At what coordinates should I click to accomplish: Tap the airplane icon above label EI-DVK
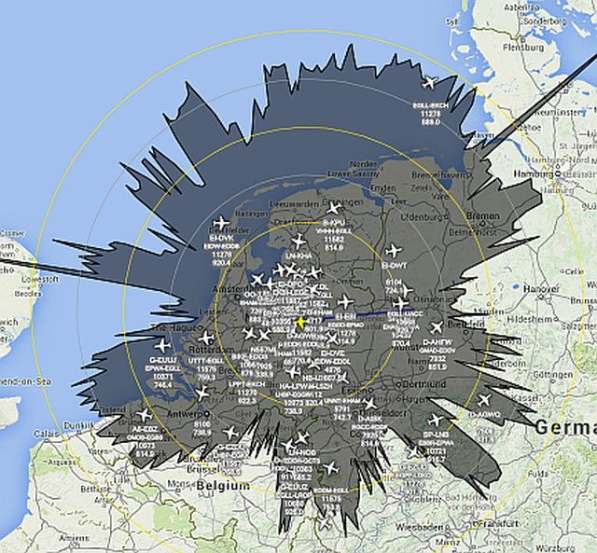coord(221,223)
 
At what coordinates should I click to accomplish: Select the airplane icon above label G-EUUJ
coord(163,345)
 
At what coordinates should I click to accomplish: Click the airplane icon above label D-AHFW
coord(436,328)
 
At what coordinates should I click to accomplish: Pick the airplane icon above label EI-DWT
coord(393,251)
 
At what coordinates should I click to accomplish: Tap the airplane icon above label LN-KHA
coord(298,241)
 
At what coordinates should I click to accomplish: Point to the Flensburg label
coord(549,44)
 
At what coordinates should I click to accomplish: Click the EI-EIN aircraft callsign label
coord(346,317)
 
